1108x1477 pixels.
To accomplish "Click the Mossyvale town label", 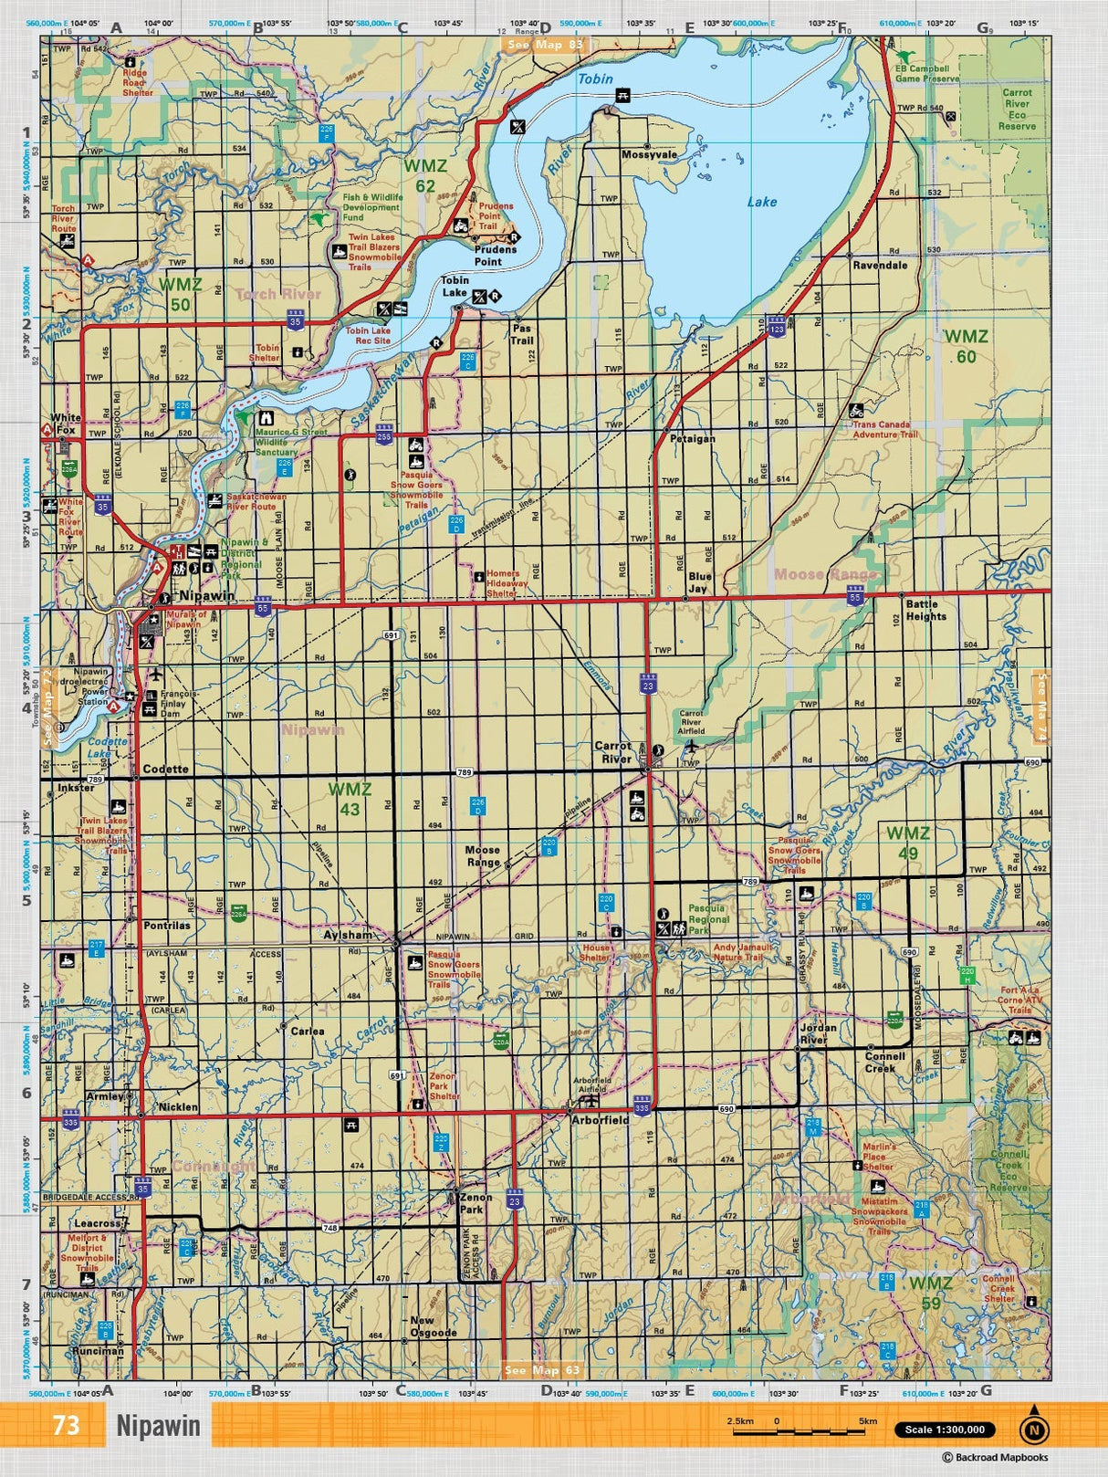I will tap(649, 155).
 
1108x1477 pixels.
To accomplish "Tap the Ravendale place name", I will tap(880, 266).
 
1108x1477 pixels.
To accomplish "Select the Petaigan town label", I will tap(692, 439).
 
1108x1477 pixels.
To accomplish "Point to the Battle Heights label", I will tap(925, 611).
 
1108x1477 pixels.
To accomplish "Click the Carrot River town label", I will tap(612, 752).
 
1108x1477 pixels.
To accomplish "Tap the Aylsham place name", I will tap(348, 936).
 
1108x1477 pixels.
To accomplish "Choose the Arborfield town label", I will tap(600, 1120).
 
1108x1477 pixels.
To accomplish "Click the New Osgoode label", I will tap(433, 1326).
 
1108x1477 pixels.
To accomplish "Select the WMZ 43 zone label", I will tap(350, 799).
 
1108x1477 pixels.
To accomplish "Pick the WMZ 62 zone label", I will tap(425, 175).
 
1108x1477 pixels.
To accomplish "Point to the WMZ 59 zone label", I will tap(930, 1293).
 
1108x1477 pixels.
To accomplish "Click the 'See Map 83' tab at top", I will tap(545, 45).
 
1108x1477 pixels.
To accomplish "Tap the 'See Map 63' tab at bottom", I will tap(543, 1370).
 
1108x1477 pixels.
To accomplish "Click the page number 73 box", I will tap(66, 1426).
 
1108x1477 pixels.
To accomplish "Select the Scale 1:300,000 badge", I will tap(945, 1430).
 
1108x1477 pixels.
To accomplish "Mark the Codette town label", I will tap(165, 770).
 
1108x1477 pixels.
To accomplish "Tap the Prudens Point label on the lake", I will tap(495, 256).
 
